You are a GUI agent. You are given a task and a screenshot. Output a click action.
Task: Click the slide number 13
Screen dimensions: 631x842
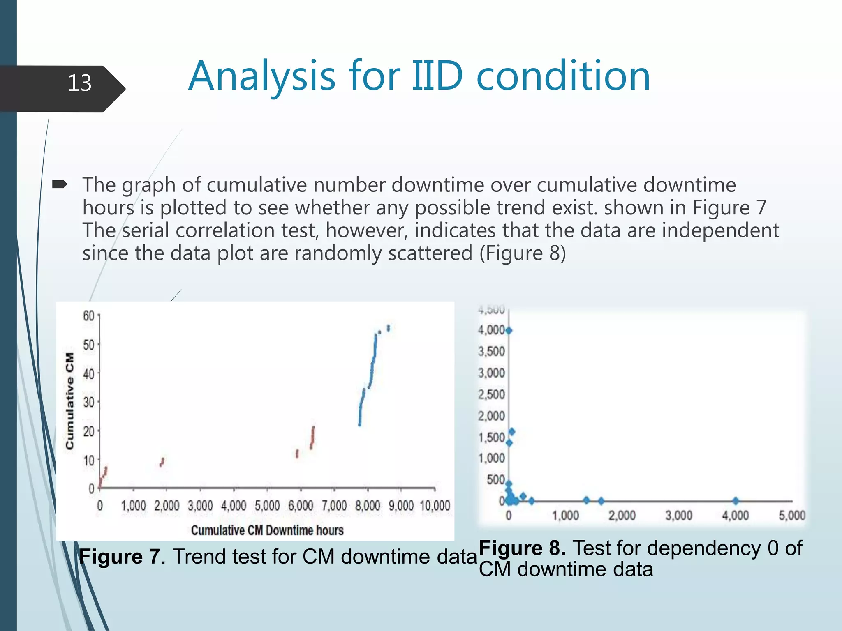[79, 83]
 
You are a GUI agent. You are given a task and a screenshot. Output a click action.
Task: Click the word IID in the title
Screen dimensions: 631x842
[437, 76]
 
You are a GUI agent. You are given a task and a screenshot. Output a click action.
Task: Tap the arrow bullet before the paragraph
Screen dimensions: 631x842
[60, 185]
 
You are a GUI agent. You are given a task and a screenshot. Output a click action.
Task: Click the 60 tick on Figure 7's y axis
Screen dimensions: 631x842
[89, 316]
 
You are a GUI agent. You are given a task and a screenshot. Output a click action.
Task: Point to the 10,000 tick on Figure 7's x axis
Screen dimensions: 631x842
[435, 506]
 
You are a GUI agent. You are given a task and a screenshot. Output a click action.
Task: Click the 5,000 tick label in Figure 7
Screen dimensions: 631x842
[267, 506]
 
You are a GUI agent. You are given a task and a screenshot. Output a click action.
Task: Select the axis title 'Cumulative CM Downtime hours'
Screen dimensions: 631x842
[267, 530]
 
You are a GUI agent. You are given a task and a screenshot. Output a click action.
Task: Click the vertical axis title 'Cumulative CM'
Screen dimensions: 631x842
[70, 401]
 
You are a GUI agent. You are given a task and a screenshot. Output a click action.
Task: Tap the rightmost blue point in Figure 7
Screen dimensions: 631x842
[389, 328]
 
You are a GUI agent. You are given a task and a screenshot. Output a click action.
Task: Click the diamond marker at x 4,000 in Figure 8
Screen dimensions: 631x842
[736, 501]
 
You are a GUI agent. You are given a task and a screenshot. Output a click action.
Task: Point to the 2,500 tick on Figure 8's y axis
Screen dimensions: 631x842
[491, 394]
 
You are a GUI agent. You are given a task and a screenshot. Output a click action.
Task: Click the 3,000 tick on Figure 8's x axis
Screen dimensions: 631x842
[679, 515]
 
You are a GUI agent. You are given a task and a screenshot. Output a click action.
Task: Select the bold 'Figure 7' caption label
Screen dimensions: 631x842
[119, 557]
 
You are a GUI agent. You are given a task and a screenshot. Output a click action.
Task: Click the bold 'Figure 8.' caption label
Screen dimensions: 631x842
[522, 548]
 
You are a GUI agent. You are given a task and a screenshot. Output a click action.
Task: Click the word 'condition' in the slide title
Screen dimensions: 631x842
[563, 76]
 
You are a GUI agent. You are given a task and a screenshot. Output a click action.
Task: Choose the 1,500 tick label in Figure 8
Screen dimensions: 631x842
[491, 438]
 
